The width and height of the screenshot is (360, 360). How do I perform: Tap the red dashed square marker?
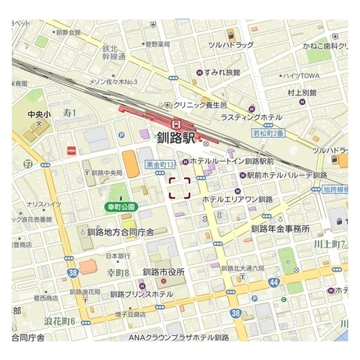click(x=179, y=188)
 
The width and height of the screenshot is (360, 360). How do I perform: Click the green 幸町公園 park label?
click(x=121, y=207)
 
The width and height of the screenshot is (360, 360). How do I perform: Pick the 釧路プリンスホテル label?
click(x=142, y=294)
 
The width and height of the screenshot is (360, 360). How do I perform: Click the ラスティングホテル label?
click(x=251, y=117)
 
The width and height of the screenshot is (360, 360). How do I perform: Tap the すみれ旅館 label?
click(x=222, y=73)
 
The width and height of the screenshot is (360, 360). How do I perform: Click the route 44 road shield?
click(x=273, y=281)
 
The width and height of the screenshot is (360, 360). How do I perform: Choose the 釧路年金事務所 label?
click(x=280, y=228)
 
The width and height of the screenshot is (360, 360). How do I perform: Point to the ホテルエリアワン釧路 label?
click(x=237, y=199)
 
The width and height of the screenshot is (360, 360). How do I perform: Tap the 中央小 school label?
click(x=39, y=114)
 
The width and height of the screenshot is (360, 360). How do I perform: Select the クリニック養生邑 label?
click(x=200, y=105)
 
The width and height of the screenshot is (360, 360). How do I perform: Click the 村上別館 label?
click(x=301, y=92)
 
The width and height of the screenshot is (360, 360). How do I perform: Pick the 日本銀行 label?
click(x=114, y=256)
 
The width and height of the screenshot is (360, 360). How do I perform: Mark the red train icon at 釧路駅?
click(x=176, y=124)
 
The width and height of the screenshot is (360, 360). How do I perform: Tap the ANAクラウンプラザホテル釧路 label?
click(x=179, y=337)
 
